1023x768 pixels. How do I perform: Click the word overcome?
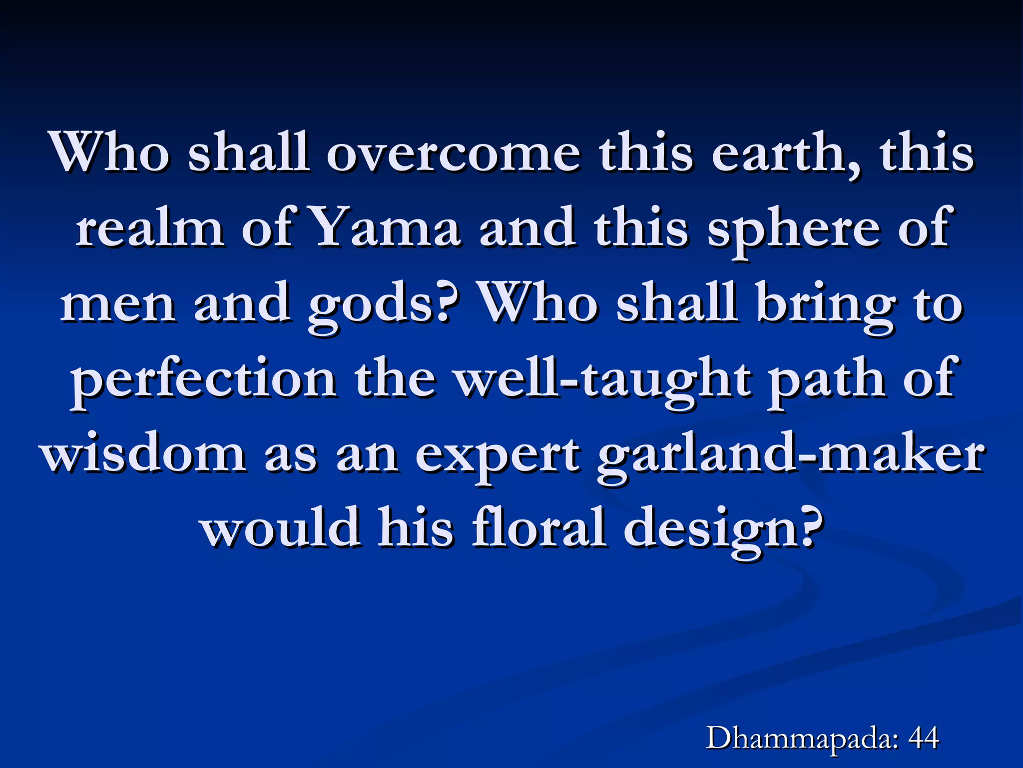click(x=454, y=152)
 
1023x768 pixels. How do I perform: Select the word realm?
click(x=149, y=228)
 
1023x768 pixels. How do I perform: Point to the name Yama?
click(x=385, y=228)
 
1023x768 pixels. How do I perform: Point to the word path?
click(x=826, y=380)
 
